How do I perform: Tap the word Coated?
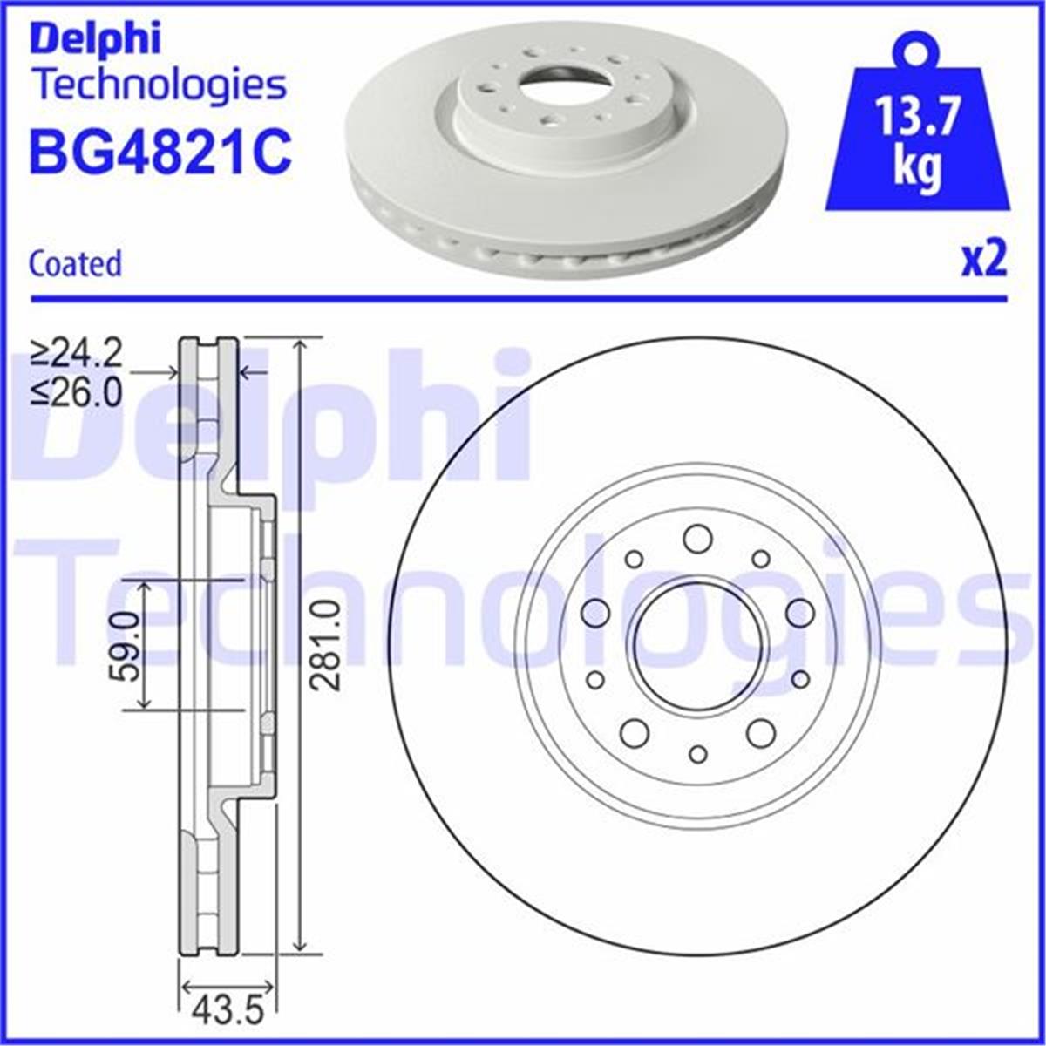75,263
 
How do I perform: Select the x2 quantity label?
984,260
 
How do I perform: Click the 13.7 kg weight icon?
918,139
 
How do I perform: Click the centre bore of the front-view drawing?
698,646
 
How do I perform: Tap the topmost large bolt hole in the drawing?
697,539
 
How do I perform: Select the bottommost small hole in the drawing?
697,754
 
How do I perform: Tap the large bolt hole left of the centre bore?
595,613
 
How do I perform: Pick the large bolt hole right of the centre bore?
799,613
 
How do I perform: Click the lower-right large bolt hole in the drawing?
761,733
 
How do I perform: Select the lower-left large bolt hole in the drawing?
635,733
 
